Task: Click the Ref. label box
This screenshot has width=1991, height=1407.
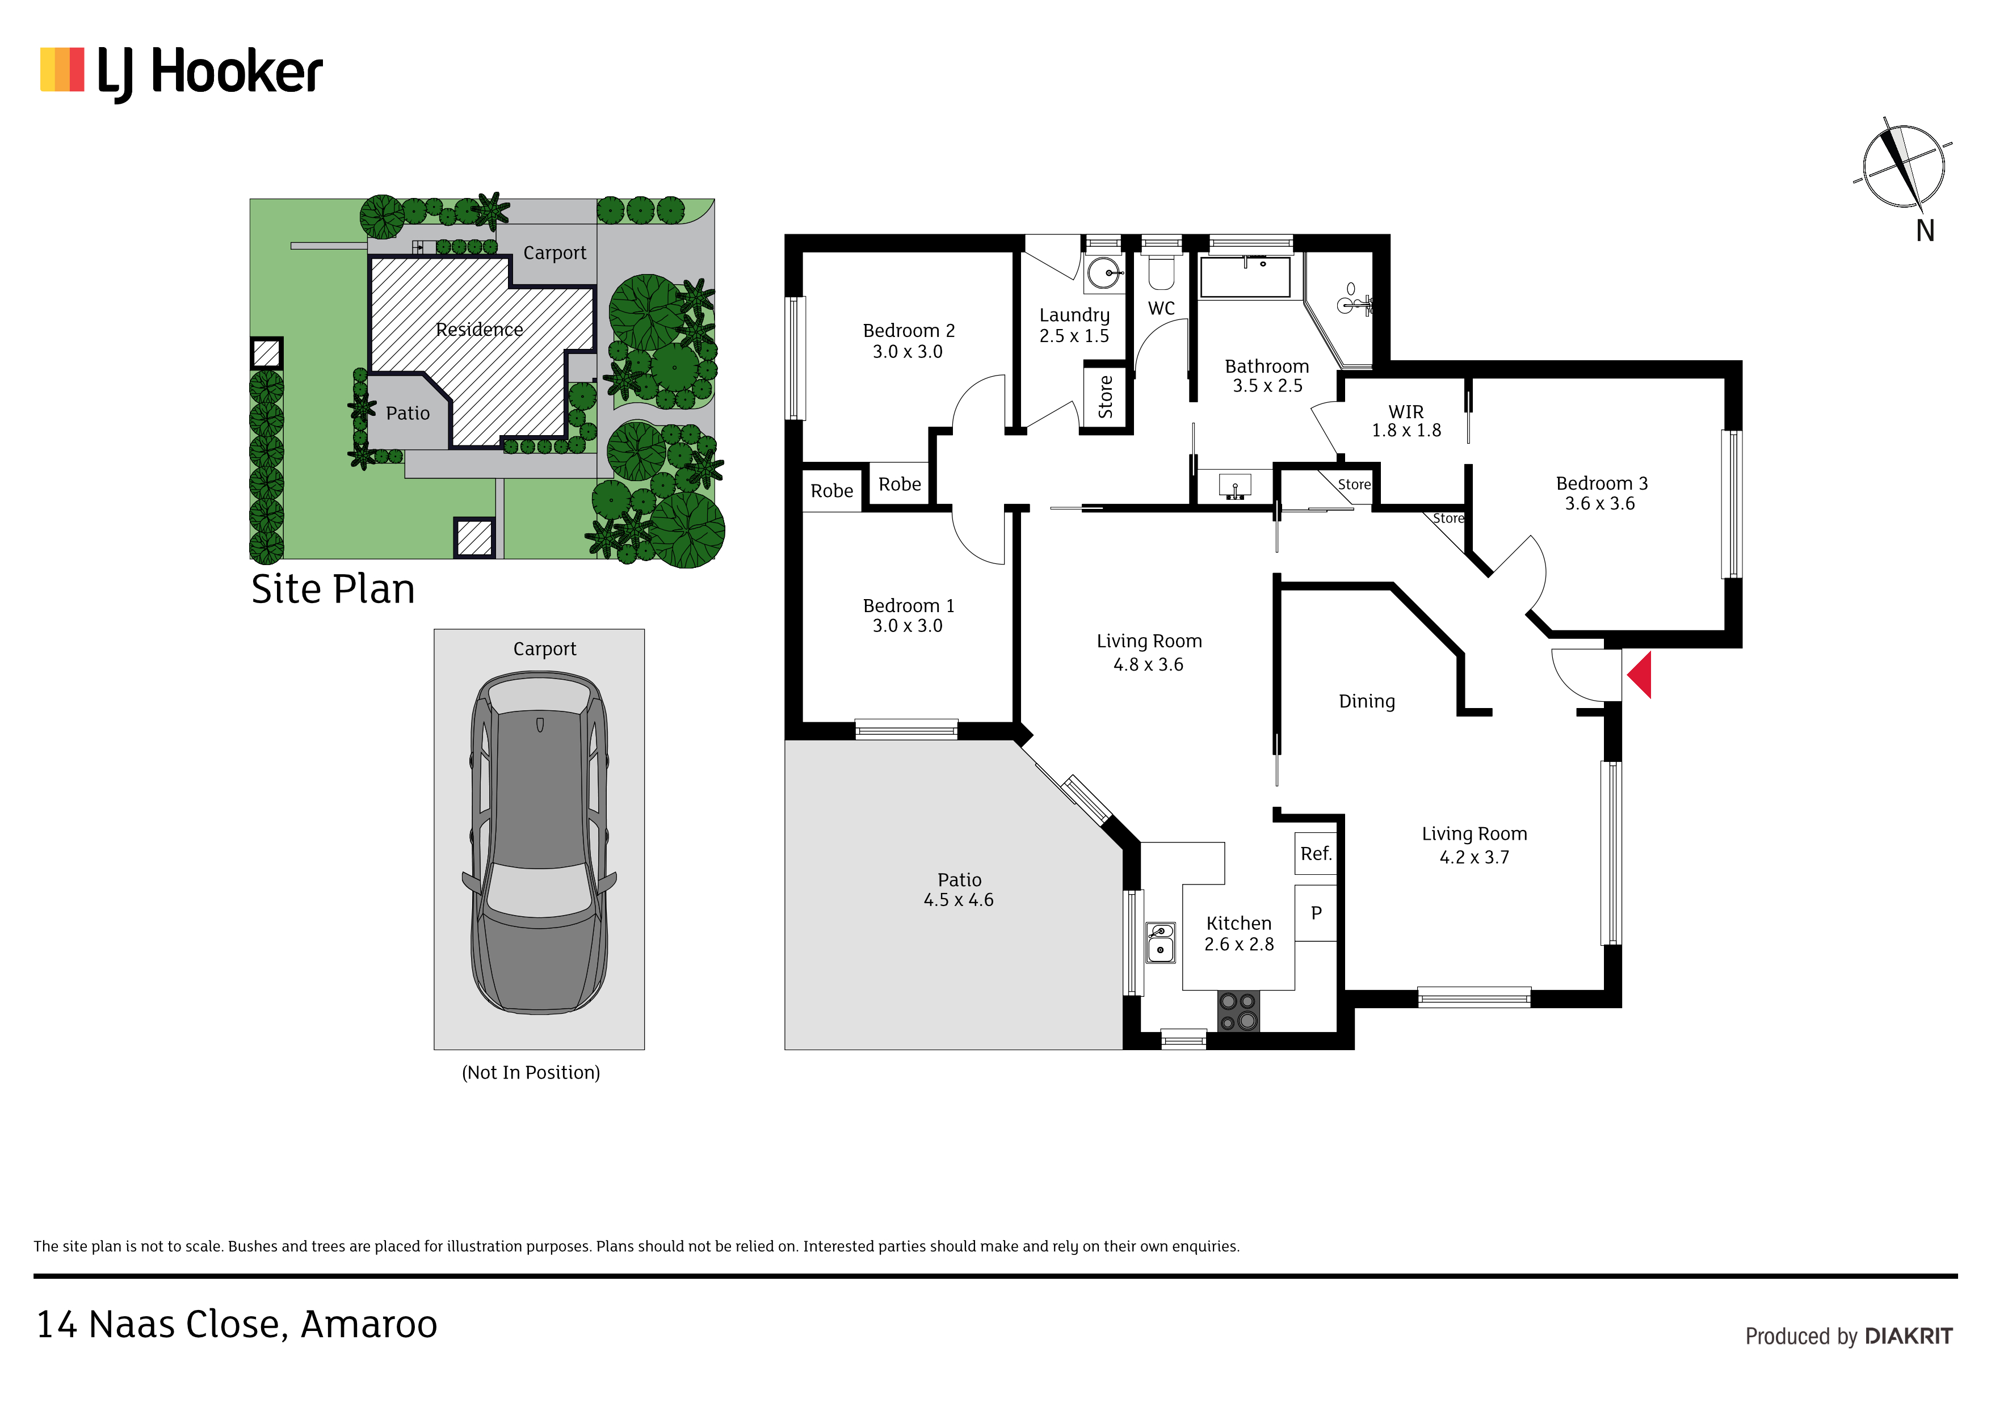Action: (x=1316, y=854)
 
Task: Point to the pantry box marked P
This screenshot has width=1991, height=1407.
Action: (x=1316, y=913)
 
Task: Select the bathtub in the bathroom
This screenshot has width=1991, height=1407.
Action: (x=1245, y=276)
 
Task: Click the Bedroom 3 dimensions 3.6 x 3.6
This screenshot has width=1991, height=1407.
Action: (x=1600, y=504)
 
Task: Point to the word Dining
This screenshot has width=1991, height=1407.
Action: (x=1367, y=701)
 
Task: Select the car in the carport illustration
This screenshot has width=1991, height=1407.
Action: (x=539, y=842)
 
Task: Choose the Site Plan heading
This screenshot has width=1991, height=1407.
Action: (x=333, y=589)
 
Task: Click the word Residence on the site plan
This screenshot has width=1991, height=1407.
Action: (x=480, y=330)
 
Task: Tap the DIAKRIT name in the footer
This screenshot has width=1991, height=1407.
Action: (x=1909, y=1336)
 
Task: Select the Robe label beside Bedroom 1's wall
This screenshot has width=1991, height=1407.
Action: (x=831, y=491)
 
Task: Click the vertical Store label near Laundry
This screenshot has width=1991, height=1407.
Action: (x=1106, y=397)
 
